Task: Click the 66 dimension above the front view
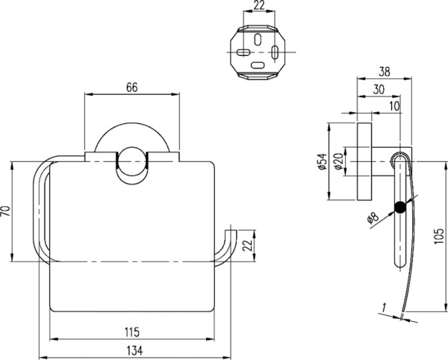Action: click(x=131, y=87)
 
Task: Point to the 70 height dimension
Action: click(x=6, y=211)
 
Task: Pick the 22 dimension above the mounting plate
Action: click(x=258, y=6)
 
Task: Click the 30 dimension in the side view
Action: click(x=379, y=90)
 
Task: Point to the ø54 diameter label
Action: click(x=321, y=161)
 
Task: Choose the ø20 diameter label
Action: click(x=338, y=161)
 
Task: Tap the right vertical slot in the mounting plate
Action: click(x=275, y=53)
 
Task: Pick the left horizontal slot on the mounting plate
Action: click(x=243, y=53)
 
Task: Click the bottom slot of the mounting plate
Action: click(x=258, y=66)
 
